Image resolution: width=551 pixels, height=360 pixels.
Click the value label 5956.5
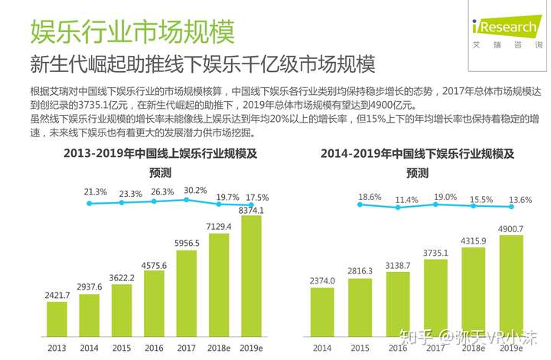pyautogui.click(x=186, y=242)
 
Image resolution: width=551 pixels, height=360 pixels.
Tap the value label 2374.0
pyautogui.click(x=321, y=280)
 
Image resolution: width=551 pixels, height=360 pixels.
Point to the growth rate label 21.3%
pyautogui.click(x=95, y=191)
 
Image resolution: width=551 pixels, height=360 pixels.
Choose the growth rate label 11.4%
pyautogui.click(x=407, y=200)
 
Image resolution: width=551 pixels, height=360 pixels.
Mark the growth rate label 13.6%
pyautogui.click(x=520, y=201)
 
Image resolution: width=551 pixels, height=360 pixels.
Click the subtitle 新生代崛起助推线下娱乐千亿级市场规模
pyautogui.click(x=202, y=64)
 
